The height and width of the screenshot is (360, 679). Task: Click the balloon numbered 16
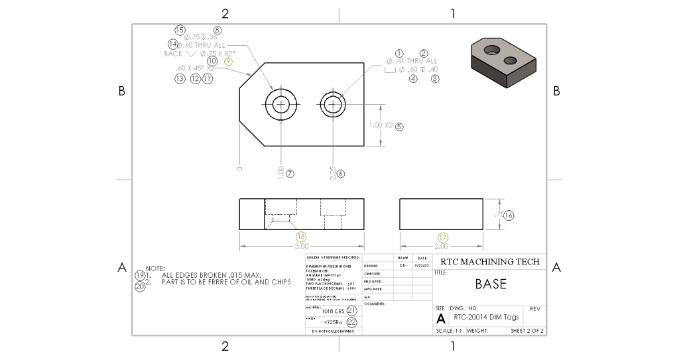509,215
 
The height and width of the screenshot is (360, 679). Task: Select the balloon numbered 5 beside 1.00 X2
399,126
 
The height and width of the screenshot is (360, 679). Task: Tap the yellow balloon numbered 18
302,237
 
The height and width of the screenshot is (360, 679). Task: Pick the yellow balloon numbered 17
443,237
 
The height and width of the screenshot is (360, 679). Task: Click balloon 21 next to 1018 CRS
351,310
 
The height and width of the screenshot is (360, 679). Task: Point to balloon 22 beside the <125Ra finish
351,322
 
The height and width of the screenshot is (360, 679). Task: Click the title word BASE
491,284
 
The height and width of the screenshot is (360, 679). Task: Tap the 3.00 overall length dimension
301,246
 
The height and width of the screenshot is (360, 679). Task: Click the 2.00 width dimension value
442,246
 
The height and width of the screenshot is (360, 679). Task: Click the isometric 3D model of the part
503,62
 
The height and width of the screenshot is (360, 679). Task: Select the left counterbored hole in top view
280,104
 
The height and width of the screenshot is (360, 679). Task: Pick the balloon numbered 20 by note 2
140,286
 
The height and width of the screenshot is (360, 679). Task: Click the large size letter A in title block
441,318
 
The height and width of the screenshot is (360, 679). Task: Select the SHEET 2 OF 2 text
527,330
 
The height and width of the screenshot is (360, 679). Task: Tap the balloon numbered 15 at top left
180,30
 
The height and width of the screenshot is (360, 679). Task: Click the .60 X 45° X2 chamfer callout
195,68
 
